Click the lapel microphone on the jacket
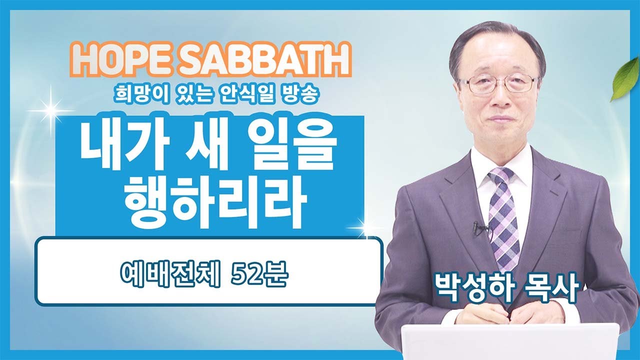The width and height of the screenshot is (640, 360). point(477,227)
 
